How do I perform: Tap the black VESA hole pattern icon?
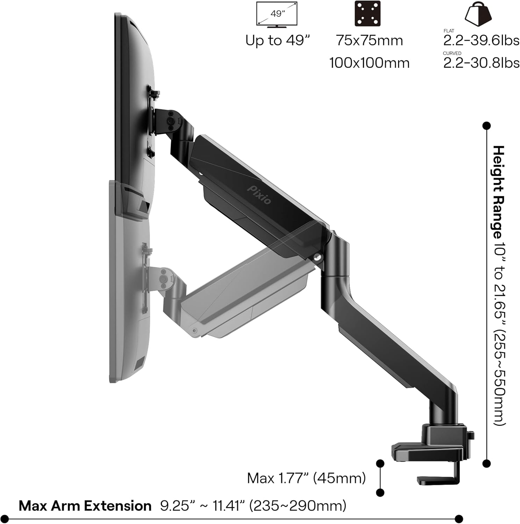(x=368, y=14)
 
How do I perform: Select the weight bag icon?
(x=478, y=13)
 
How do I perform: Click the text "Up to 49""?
(x=278, y=41)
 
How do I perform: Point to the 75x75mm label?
(x=369, y=41)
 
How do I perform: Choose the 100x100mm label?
(x=369, y=63)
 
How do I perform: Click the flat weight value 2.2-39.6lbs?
(x=481, y=41)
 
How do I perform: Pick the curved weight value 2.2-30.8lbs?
(x=481, y=63)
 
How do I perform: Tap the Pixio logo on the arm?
(x=259, y=194)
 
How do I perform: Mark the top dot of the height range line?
(x=486, y=126)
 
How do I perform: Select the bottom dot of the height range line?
(x=486, y=464)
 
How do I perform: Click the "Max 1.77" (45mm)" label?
(x=306, y=478)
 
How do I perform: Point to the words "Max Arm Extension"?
(x=85, y=506)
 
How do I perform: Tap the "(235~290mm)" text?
(x=298, y=506)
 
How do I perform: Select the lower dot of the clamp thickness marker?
(x=380, y=493)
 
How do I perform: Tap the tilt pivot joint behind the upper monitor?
(x=171, y=120)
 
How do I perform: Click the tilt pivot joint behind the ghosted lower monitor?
(x=163, y=277)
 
